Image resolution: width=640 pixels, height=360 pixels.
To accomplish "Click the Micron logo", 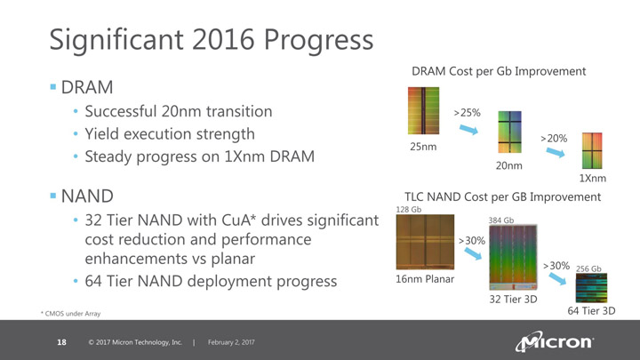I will tap(555, 341).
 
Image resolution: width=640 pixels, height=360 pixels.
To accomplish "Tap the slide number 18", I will tap(61, 342).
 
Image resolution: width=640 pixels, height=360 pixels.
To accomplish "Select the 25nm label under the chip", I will tap(423, 146).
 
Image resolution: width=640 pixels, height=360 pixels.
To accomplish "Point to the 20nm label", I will tap(508, 165).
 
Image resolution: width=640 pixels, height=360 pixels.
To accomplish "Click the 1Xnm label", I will tap(592, 178).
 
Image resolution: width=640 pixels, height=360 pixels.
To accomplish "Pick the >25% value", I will tap(467, 113).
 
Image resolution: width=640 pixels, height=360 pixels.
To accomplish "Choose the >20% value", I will tap(554, 139).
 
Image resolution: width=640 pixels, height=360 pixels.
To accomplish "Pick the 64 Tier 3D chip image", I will tap(591, 289).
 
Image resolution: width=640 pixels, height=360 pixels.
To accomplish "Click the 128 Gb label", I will tap(407, 210).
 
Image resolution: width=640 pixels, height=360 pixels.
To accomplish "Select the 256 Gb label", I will tap(589, 268).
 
